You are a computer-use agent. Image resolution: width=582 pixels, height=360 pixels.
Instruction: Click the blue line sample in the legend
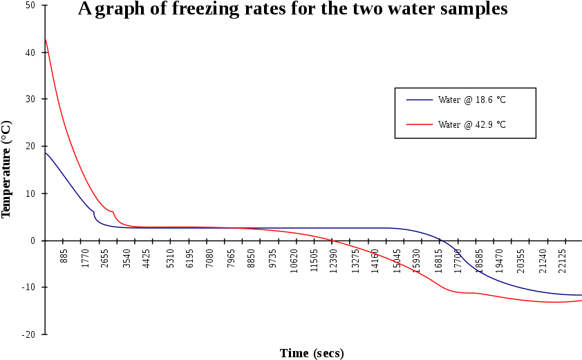420,100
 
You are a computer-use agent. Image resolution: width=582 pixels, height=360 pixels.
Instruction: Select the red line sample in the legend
420,124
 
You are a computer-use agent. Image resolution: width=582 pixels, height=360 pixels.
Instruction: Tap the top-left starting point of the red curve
46,39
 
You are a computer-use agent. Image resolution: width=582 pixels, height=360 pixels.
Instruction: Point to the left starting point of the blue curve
46,153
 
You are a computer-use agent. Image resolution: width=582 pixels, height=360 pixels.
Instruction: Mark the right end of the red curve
581,301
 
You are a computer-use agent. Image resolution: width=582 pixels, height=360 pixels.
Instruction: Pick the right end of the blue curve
581,295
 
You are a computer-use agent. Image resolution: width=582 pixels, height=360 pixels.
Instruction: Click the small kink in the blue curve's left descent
94,211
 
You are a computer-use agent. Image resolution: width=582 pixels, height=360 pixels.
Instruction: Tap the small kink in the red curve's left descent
113,212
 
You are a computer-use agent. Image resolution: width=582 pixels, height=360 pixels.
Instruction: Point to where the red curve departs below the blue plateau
235,228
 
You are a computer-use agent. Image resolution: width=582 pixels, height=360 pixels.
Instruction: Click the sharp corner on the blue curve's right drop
464,260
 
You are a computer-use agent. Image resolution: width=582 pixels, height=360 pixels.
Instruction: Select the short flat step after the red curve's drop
470,293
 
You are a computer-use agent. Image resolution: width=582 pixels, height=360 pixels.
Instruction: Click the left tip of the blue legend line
406,100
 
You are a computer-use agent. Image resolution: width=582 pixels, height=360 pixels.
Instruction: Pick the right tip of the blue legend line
433,100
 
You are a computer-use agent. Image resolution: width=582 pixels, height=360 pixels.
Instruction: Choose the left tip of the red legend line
406,124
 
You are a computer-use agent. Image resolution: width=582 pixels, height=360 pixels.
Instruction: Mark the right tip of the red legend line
433,124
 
